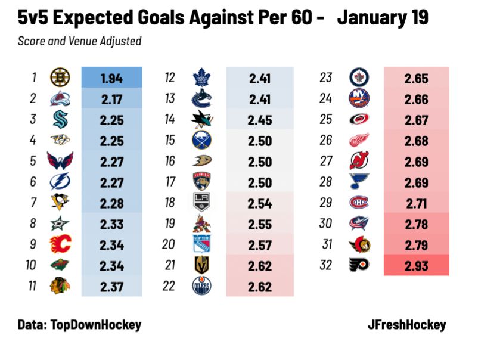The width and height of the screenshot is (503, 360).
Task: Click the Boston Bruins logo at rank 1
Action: pyautogui.click(x=60, y=77)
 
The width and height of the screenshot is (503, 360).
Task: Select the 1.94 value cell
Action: pyautogui.click(x=111, y=77)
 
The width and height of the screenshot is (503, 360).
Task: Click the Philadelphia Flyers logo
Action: pyautogui.click(x=359, y=265)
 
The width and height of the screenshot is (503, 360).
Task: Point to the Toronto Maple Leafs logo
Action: pyautogui.click(x=202, y=77)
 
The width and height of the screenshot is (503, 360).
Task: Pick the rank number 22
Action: pyautogui.click(x=169, y=286)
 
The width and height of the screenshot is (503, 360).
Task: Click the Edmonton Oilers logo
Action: pyautogui.click(x=202, y=286)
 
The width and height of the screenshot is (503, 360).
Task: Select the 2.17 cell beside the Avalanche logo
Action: pyautogui.click(x=111, y=98)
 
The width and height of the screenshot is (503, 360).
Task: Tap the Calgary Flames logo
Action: pyautogui.click(x=60, y=244)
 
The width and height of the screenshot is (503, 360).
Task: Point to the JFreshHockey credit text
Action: pyautogui.click(x=406, y=325)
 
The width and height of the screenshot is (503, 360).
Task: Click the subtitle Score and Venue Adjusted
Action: pyautogui.click(x=79, y=41)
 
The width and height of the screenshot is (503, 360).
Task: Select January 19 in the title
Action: pyautogui.click(x=382, y=18)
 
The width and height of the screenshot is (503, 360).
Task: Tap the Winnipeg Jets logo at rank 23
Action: pyautogui.click(x=359, y=77)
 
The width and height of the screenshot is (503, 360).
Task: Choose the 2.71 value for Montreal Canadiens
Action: pyautogui.click(x=416, y=203)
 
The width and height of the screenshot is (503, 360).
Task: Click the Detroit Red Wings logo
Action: pyautogui.click(x=359, y=140)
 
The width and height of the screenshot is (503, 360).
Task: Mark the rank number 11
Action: pyautogui.click(x=34, y=286)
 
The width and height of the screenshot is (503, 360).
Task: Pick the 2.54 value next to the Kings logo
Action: pyautogui.click(x=260, y=203)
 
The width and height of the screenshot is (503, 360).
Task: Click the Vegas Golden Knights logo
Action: pyautogui.click(x=202, y=265)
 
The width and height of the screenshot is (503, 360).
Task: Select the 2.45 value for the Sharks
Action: pyautogui.click(x=260, y=120)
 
